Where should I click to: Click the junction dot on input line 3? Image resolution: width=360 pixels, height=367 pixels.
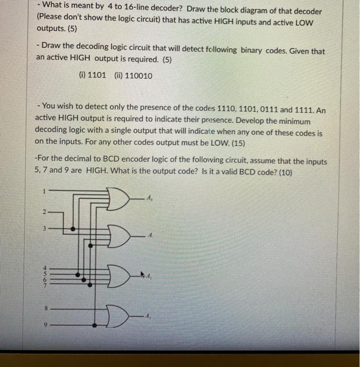(x=73, y=229)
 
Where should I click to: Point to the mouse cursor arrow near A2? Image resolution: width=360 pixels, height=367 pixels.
(x=141, y=274)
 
